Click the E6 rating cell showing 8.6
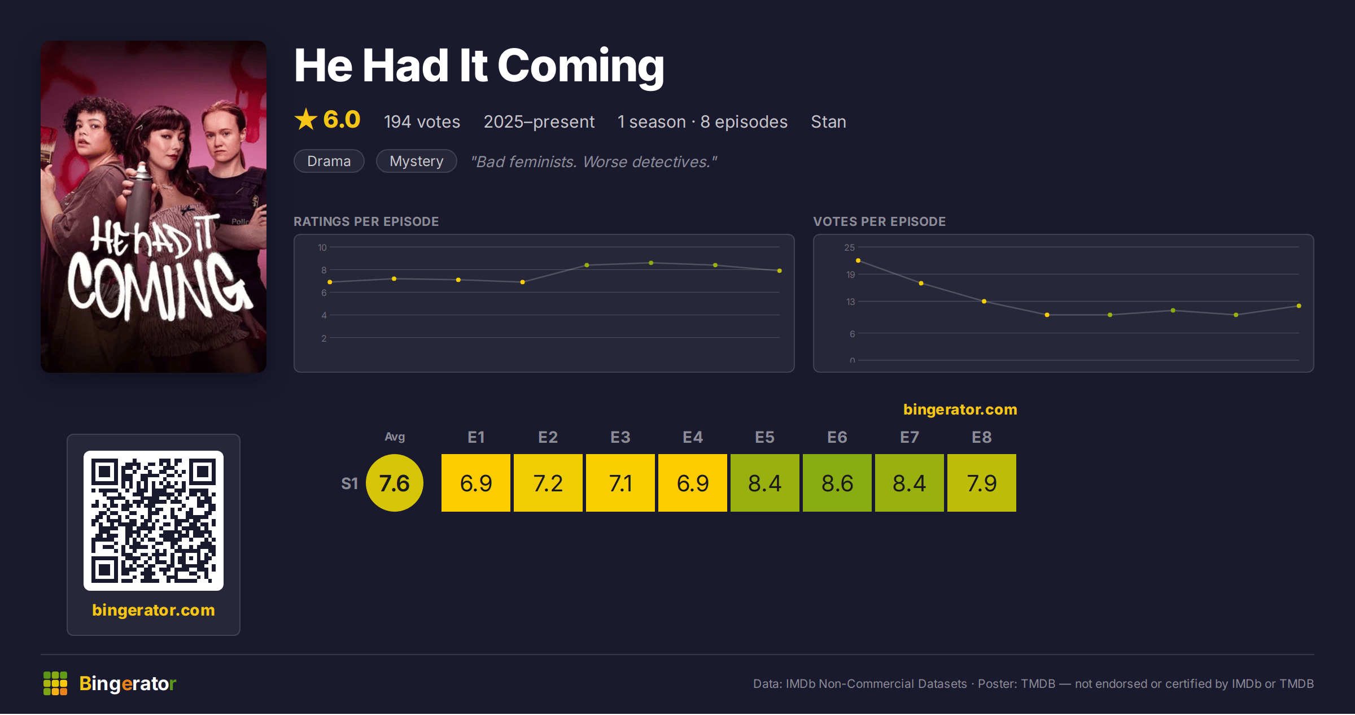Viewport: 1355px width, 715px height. pyautogui.click(x=837, y=483)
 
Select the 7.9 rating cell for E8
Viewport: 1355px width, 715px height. pyautogui.click(x=982, y=483)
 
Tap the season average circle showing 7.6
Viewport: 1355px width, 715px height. pyautogui.click(x=395, y=483)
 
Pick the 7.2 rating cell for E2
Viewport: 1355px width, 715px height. pyautogui.click(x=548, y=483)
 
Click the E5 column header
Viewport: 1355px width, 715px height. pyautogui.click(x=765, y=437)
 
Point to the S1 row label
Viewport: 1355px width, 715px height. pyautogui.click(x=349, y=483)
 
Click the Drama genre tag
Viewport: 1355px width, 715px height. pyautogui.click(x=329, y=161)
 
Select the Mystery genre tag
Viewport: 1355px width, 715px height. pyautogui.click(x=417, y=161)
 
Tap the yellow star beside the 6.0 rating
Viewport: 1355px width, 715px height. pyautogui.click(x=306, y=119)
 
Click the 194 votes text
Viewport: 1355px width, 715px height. pyautogui.click(x=422, y=121)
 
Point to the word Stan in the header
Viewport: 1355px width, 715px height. pyautogui.click(x=828, y=121)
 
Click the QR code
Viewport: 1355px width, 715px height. pyautogui.click(x=154, y=521)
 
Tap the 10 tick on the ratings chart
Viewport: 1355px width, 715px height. pyautogui.click(x=322, y=247)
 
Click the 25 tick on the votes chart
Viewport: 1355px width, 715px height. pyautogui.click(x=850, y=247)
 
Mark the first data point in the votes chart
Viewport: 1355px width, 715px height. pyautogui.click(x=858, y=260)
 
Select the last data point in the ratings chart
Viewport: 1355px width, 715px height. pyautogui.click(x=780, y=271)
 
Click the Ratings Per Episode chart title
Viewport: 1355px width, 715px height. pyautogui.click(x=366, y=221)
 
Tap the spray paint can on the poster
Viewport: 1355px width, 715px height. pyautogui.click(x=139, y=195)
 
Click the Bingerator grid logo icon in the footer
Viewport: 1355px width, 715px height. pyautogui.click(x=55, y=683)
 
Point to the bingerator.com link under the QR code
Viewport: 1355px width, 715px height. pyautogui.click(x=154, y=610)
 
